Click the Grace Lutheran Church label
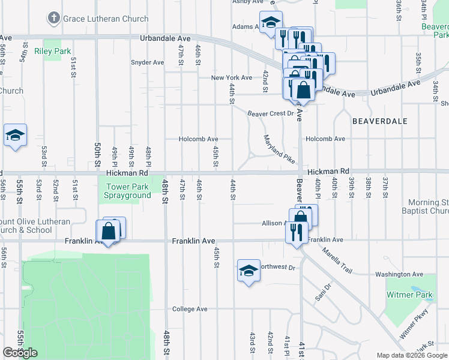pos(106,19)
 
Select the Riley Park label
pos(53,52)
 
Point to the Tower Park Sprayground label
pos(128,191)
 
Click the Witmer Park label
pos(412,295)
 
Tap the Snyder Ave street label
pos(147,62)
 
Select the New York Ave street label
pos(231,78)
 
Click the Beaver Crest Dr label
pos(270,113)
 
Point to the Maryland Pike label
pos(279,150)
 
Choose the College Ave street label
pos(190,310)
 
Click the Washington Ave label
pos(399,275)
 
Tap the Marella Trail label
pos(339,258)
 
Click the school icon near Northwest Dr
pos(249,271)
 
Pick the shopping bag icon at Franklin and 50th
pos(108,231)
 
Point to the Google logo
pos(20,353)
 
